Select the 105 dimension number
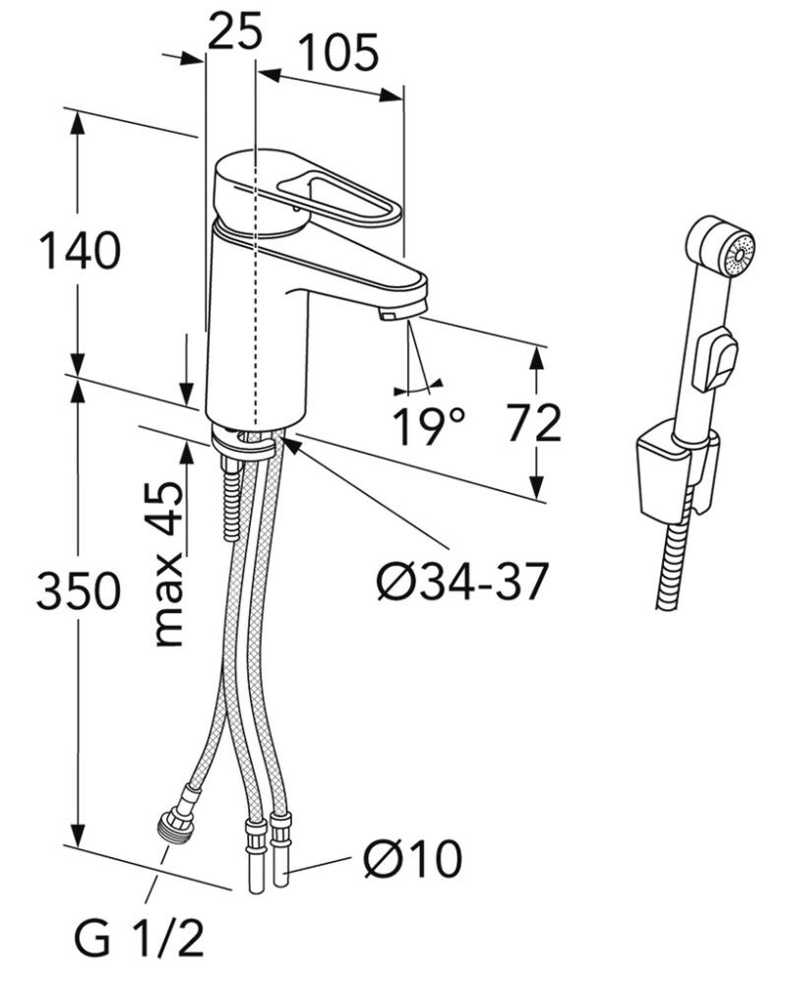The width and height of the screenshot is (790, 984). tap(337, 52)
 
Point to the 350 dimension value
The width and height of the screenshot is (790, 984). tap(79, 590)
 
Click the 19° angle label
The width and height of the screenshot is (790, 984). tap(429, 426)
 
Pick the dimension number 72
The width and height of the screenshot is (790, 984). tap(534, 423)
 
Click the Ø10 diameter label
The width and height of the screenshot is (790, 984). tap(411, 860)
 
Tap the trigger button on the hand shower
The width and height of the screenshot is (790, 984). tap(715, 359)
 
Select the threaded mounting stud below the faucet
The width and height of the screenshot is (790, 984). tap(231, 497)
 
